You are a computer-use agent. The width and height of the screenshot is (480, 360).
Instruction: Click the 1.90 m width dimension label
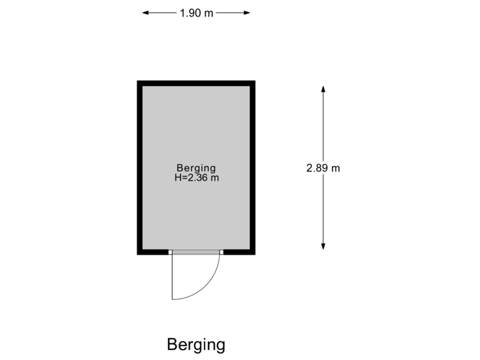[x=196, y=13]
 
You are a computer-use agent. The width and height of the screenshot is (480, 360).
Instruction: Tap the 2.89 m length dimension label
[x=323, y=168]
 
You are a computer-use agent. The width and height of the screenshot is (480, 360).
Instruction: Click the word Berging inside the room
[x=196, y=168]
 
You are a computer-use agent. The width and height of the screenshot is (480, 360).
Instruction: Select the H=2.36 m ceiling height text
[x=196, y=178]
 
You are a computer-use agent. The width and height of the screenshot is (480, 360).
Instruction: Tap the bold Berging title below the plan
[x=196, y=345]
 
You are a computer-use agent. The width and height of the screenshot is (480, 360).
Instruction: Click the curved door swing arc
[x=211, y=283]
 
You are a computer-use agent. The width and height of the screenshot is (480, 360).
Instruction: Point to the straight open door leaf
[x=173, y=277]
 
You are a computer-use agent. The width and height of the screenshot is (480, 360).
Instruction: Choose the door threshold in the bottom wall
[x=196, y=252]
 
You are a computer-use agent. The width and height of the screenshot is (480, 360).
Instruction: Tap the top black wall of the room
[x=196, y=83]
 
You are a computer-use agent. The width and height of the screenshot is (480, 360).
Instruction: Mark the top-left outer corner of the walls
[x=137, y=81]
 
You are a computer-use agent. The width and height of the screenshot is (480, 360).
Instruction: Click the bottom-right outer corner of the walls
[x=255, y=254]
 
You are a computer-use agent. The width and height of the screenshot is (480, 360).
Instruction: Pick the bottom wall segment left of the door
[x=153, y=252]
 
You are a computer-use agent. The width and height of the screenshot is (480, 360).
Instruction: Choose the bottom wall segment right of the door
[x=239, y=252]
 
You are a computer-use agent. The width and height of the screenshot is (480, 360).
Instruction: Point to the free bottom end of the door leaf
[x=173, y=299]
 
